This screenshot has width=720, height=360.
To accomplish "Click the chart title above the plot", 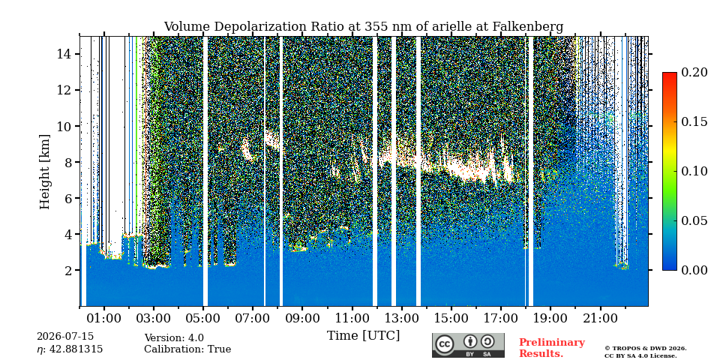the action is click(363, 27).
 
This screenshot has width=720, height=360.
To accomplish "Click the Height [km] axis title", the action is click(44, 172).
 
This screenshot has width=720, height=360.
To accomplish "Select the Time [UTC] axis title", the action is click(363, 336).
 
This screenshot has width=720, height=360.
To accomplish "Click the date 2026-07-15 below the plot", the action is click(65, 337).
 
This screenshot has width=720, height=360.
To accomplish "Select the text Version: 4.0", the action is click(174, 338).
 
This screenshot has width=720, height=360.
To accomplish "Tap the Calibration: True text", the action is click(187, 349).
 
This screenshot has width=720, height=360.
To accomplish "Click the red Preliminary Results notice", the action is click(552, 348).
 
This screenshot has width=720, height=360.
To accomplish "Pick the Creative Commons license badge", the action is click(468, 345).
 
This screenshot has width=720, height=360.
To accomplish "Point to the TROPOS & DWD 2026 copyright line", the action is click(645, 349).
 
